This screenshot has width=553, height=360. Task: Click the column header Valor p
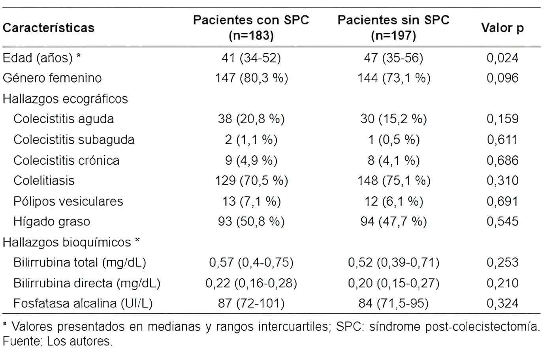502,28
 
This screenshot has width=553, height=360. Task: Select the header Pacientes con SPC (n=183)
251,28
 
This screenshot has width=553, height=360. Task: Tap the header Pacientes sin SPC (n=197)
393,28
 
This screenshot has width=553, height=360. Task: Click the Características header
49,28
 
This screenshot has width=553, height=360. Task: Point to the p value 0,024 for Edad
502,58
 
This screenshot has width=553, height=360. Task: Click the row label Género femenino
52,78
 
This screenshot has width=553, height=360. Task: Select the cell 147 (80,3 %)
251,78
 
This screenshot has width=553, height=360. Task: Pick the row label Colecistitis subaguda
74,139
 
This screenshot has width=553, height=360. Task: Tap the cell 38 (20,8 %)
251,119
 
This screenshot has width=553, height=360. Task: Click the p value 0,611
502,139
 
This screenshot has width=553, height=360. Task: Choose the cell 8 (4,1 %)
393,160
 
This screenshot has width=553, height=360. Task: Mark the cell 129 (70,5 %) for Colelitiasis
251,181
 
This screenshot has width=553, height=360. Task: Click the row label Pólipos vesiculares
68,201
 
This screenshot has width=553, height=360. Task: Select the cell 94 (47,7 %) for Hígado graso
393,221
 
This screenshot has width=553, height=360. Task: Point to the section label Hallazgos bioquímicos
67,242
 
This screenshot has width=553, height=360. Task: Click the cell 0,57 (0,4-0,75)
251,262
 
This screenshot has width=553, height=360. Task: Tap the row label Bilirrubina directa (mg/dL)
87,283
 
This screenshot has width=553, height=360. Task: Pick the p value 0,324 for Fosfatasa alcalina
502,303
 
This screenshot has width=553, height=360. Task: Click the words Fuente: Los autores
58,341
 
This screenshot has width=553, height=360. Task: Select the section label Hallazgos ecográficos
65,98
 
